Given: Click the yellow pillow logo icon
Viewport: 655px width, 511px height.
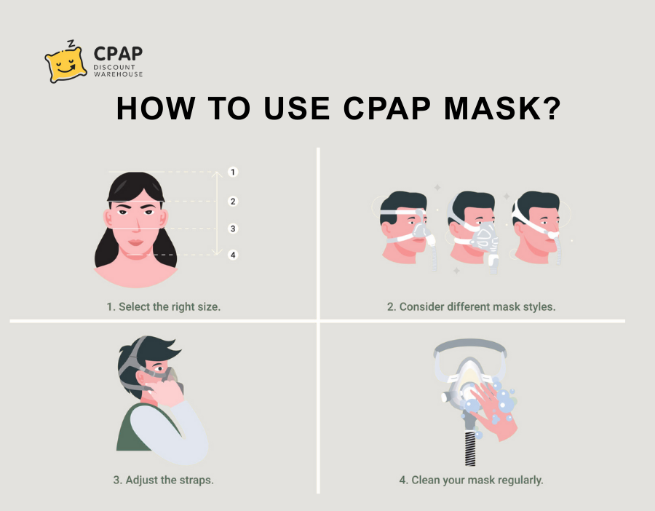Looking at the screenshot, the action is [x=65, y=64].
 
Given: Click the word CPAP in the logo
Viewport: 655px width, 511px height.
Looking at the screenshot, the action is [x=118, y=54].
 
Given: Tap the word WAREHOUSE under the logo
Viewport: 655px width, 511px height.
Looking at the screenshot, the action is [x=118, y=74].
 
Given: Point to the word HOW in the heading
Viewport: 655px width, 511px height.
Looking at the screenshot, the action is [x=156, y=108].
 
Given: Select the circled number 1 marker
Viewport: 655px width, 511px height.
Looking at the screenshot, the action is [x=233, y=172].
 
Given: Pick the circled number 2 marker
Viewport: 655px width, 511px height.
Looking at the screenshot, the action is [x=233, y=202].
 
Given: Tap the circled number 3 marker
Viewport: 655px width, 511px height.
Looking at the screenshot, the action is [x=233, y=229].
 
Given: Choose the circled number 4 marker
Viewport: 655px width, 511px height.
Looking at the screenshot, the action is [x=233, y=255].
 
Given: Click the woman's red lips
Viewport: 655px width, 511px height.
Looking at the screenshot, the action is [x=136, y=242].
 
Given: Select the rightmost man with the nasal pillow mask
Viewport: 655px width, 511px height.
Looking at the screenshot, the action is [x=537, y=228].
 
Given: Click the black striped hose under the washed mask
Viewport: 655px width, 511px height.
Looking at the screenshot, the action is [x=470, y=448].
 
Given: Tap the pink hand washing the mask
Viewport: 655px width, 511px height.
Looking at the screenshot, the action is [x=496, y=411].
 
